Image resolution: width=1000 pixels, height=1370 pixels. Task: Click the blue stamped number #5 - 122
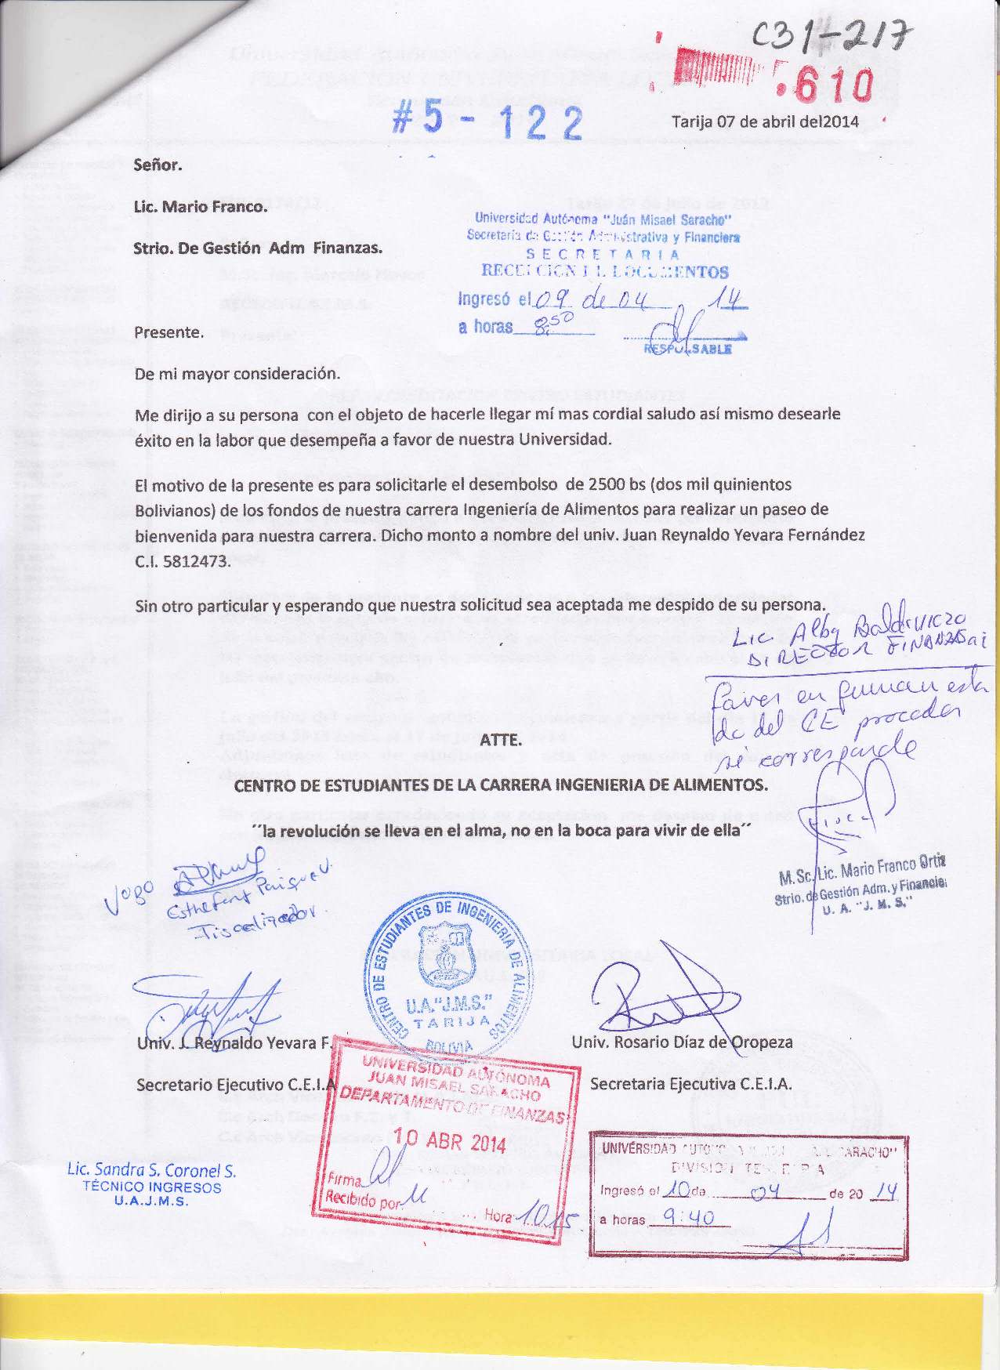pyautogui.click(x=487, y=123)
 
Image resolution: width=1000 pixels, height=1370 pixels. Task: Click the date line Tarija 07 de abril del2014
pyautogui.click(x=765, y=121)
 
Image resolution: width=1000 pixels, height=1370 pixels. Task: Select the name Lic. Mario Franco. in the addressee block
pyautogui.click(x=200, y=207)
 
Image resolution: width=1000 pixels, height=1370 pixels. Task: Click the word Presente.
pyautogui.click(x=168, y=332)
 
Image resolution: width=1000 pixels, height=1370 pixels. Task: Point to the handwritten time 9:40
pyautogui.click(x=687, y=1217)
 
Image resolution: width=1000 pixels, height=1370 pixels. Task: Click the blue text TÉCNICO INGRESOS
pyautogui.click(x=152, y=1187)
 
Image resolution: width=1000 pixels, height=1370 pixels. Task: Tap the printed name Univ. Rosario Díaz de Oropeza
pyautogui.click(x=682, y=1042)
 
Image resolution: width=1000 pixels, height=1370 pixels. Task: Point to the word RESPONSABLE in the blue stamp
pyautogui.click(x=687, y=349)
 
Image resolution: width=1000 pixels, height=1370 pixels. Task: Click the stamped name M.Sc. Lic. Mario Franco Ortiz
pyautogui.click(x=862, y=870)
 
